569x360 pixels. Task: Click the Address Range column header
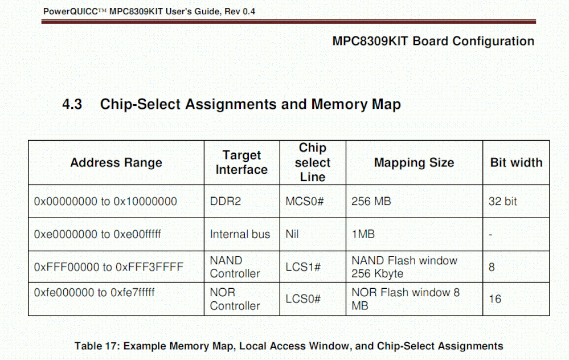116,163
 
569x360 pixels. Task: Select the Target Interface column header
241,162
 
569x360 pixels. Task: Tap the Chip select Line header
312,162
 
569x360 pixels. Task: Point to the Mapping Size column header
414,163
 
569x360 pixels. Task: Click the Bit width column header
516,163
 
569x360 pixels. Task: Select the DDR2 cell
226,202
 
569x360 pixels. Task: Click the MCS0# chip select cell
304,202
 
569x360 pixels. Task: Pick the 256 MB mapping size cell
371,202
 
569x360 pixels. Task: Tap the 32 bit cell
502,202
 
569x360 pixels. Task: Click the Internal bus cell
240,234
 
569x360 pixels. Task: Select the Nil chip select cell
292,234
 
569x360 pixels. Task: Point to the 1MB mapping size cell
363,234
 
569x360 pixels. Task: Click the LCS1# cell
303,267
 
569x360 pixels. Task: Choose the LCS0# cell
303,299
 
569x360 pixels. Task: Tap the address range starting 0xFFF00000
108,267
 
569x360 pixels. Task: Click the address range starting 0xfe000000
94,293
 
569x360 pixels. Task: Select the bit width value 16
495,299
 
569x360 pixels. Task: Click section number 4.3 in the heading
72,105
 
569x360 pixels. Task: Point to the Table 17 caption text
289,346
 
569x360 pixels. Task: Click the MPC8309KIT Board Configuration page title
433,42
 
